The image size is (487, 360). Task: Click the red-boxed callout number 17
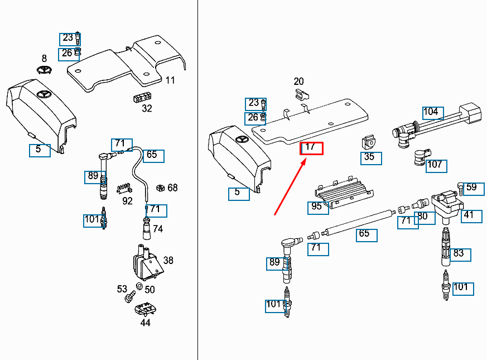(311, 148)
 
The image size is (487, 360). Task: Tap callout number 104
(431, 112)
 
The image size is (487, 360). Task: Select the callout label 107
(436, 165)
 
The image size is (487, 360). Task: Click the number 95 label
(317, 207)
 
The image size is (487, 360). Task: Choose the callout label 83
(459, 253)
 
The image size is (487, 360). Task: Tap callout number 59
(471, 188)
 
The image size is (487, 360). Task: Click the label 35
(369, 157)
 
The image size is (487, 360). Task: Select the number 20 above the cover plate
(298, 81)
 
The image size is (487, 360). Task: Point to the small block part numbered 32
(144, 98)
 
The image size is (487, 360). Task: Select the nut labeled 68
(159, 188)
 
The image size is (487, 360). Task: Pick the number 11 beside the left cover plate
(170, 80)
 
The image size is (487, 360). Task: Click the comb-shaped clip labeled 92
(124, 188)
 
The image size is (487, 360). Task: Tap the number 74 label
(158, 229)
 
